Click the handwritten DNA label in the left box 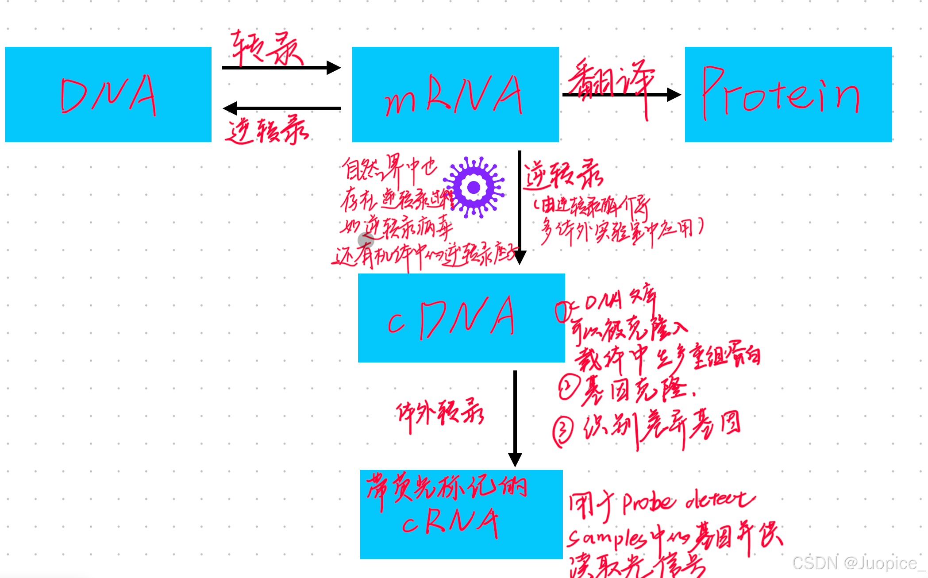[x=109, y=95]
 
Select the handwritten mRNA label [x=454, y=95]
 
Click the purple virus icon [x=474, y=187]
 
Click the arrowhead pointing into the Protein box [x=674, y=94]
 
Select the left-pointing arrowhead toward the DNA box [x=230, y=108]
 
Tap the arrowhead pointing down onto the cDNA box [x=520, y=257]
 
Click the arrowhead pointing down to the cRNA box [x=515, y=459]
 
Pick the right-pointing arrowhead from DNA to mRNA [x=334, y=68]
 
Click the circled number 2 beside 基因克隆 [x=568, y=387]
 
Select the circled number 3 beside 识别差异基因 [x=563, y=431]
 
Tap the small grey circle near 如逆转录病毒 [x=366, y=240]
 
